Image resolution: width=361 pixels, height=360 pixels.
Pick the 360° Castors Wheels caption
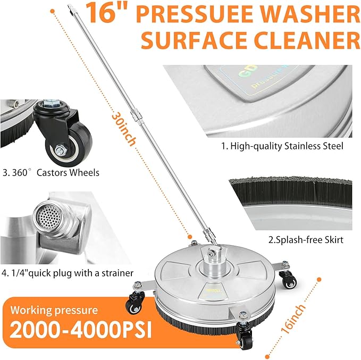coord(51,173)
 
